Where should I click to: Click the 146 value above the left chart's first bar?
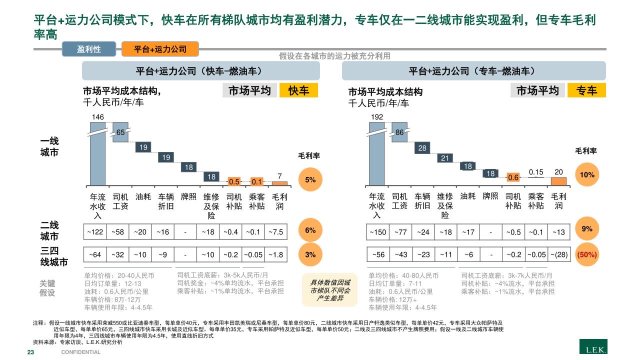coord(98,117)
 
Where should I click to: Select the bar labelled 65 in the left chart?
coord(120,132)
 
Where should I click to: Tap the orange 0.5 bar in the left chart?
coord(234,181)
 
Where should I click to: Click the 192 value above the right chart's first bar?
coord(376,117)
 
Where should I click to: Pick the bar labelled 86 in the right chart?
coord(399,132)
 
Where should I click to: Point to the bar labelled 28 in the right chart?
coord(422,148)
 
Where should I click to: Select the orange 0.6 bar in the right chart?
coord(513,177)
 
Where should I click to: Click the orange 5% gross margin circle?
coord(310,180)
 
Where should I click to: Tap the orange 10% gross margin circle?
coord(587,175)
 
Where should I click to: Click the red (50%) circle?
coord(587,254)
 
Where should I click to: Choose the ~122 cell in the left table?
coord(95,231)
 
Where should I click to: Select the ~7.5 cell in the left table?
coord(276,231)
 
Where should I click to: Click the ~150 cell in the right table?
coord(378,231)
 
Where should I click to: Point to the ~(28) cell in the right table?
coord(559,254)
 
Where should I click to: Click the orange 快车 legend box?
coord(298,90)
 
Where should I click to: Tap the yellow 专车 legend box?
coord(586,90)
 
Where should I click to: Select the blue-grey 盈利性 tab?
coord(89,49)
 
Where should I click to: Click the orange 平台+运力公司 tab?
coord(160,49)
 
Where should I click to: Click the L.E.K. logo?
coord(593,347)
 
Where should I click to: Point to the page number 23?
coord(30,352)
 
